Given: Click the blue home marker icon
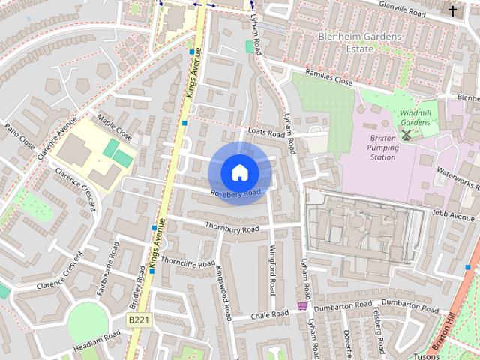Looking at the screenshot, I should [x=239, y=173].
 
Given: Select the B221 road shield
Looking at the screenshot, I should [x=136, y=320].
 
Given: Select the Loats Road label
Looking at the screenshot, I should [x=266, y=132].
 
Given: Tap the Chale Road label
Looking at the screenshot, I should [x=270, y=314].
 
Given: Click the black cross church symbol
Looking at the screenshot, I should [x=452, y=10].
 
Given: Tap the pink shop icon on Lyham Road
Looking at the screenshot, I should [x=302, y=306].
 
